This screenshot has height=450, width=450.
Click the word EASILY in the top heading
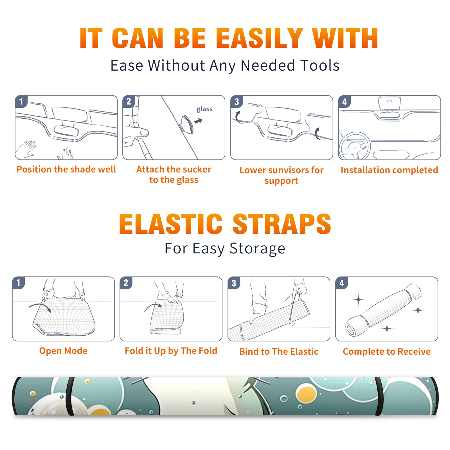click(x=259, y=38)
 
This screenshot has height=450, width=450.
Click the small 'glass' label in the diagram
click(x=204, y=109)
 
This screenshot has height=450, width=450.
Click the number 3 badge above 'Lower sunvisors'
click(x=237, y=102)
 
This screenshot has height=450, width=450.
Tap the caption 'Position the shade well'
click(x=66, y=169)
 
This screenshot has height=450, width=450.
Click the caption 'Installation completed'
click(x=389, y=170)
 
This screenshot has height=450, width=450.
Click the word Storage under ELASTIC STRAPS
click(x=257, y=249)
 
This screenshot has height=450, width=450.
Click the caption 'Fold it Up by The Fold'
click(x=171, y=351)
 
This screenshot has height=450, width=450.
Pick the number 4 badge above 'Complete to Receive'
click(x=342, y=283)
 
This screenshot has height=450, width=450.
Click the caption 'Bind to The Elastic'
click(x=279, y=352)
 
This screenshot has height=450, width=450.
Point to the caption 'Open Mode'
click(x=63, y=351)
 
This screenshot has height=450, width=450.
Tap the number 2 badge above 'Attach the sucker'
click(x=129, y=102)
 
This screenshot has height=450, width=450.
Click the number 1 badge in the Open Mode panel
click(x=19, y=283)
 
